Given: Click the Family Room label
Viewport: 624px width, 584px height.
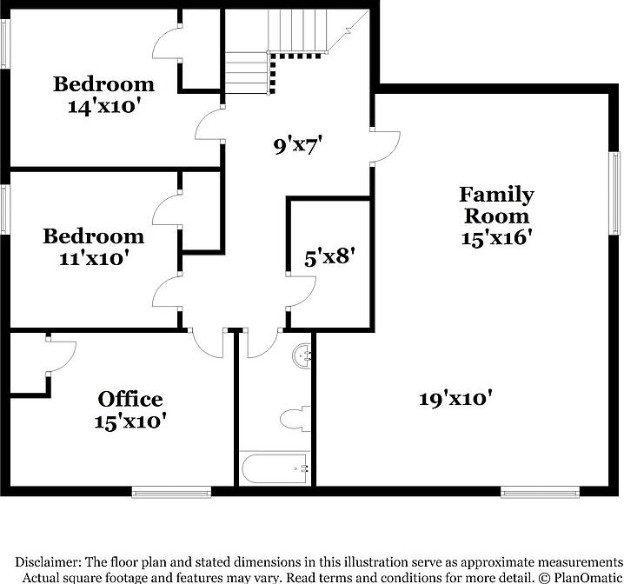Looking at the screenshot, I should pyautogui.click(x=496, y=205).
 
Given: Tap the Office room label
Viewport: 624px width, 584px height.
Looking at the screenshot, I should pyautogui.click(x=130, y=399).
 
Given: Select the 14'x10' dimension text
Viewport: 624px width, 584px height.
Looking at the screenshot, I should pyautogui.click(x=104, y=106).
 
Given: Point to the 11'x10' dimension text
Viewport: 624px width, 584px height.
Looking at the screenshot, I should pyautogui.click(x=94, y=257).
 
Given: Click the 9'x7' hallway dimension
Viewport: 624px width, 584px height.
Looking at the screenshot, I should pyautogui.click(x=299, y=146).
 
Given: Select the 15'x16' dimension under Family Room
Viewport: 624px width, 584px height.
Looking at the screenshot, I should pyautogui.click(x=496, y=237).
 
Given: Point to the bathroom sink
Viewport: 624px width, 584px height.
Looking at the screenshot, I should pyautogui.click(x=303, y=355).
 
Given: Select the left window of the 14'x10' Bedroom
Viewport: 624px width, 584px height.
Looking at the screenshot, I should pyautogui.click(x=5, y=52).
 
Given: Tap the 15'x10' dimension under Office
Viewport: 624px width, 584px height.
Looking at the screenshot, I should pyautogui.click(x=130, y=421).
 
